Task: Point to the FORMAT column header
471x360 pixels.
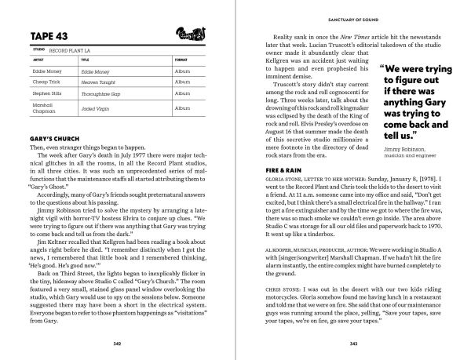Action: [181, 58]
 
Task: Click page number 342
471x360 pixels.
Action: [115, 343]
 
